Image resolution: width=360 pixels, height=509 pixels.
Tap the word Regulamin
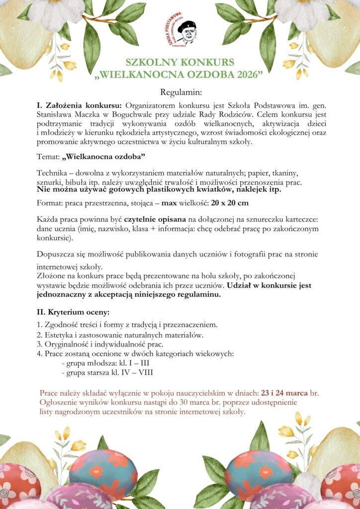180,92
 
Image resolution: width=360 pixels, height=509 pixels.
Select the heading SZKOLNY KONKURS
180,63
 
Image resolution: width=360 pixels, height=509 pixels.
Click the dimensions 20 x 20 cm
230,203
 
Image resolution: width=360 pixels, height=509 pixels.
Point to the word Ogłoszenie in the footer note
59,402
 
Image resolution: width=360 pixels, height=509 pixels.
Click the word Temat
48,157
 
